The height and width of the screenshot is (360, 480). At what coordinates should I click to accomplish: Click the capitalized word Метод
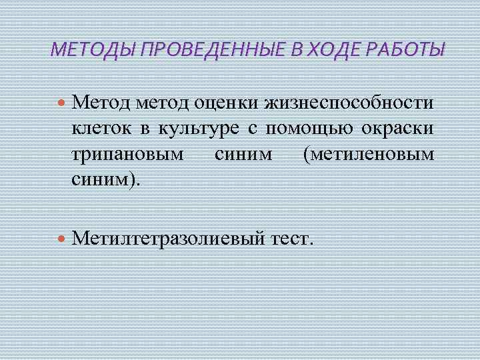pos(101,103)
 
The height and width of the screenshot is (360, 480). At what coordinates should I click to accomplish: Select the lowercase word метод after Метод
pos(162,103)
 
